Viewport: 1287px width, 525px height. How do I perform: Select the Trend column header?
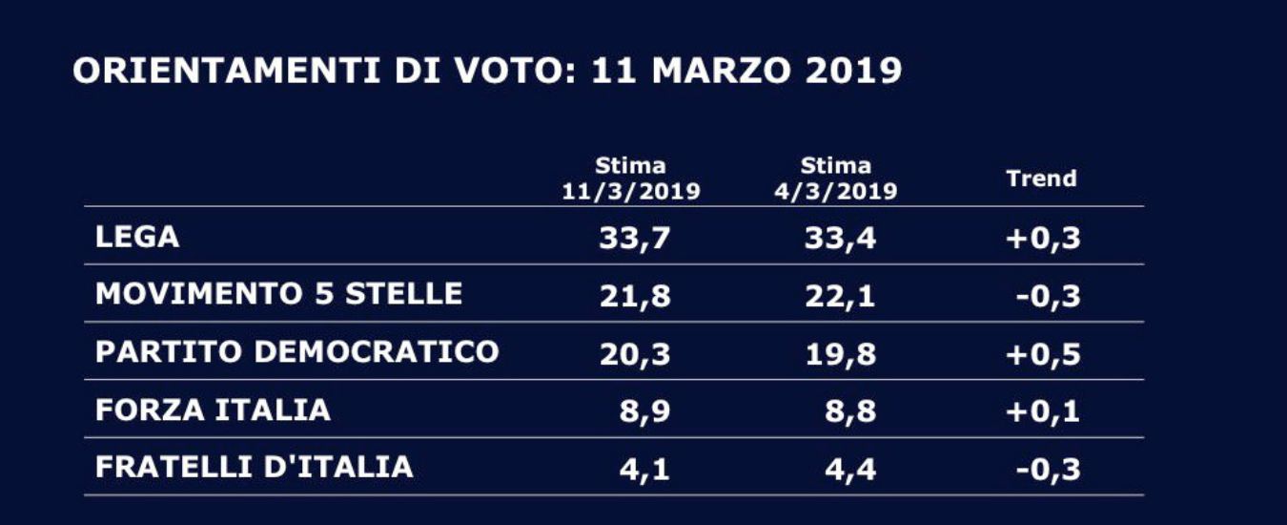1041,178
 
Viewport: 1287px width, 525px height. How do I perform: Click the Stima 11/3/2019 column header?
630,178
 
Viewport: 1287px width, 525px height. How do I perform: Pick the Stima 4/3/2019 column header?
836,178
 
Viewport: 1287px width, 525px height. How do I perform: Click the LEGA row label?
137,237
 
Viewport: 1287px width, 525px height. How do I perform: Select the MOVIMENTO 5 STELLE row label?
278,294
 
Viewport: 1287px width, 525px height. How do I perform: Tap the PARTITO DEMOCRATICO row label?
297,352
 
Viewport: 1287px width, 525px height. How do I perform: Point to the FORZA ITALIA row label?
213,410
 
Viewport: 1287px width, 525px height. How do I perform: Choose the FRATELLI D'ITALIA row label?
255,468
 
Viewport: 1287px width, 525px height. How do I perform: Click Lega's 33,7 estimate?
635,239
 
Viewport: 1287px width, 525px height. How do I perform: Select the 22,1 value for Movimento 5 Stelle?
840,296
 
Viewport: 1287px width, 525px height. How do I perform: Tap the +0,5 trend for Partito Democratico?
1043,354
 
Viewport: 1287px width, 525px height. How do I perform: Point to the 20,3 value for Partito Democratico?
635,354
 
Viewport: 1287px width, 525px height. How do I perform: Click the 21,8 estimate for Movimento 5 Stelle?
635,296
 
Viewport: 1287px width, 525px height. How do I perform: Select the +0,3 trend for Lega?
1043,239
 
